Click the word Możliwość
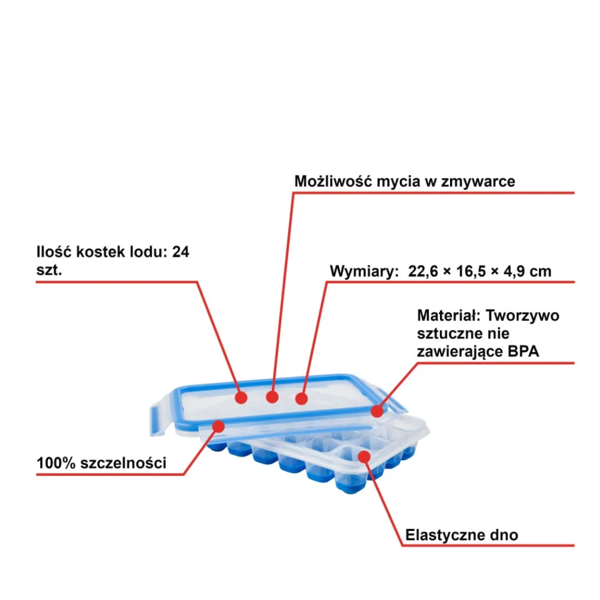(x=333, y=181)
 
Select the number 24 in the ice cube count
(x=181, y=252)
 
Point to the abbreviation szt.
(x=49, y=270)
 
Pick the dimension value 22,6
(x=423, y=271)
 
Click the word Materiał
(x=448, y=316)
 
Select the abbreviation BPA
(x=523, y=351)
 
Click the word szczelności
(x=123, y=463)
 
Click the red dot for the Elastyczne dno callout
(x=364, y=457)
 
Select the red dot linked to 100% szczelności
(x=218, y=426)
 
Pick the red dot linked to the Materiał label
(x=377, y=411)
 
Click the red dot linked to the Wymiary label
(x=302, y=399)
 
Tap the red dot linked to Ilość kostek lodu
(x=241, y=398)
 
